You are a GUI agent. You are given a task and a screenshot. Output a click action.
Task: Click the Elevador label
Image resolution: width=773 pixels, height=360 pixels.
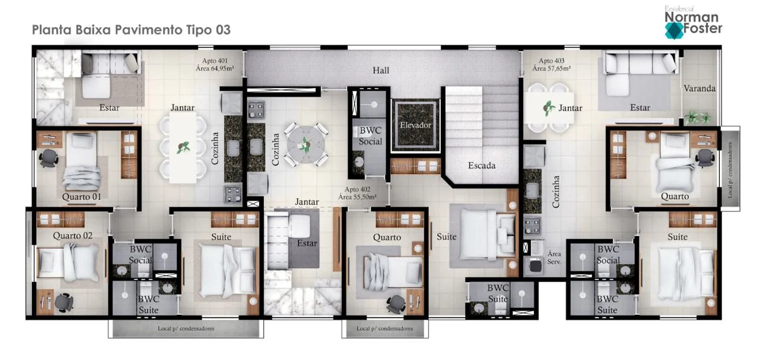(415, 125)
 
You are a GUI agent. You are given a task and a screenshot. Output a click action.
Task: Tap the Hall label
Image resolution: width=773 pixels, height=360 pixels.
(380, 71)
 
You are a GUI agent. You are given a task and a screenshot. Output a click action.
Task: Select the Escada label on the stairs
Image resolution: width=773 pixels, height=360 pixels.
(481, 166)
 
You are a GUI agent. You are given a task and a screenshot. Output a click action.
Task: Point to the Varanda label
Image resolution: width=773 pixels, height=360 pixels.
(699, 88)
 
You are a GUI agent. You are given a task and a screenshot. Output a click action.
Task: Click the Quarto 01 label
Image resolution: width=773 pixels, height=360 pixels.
(82, 197)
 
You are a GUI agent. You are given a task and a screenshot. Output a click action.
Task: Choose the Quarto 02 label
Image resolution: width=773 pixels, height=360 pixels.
(72, 236)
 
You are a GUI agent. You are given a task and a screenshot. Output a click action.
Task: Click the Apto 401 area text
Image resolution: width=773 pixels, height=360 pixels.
(214, 65)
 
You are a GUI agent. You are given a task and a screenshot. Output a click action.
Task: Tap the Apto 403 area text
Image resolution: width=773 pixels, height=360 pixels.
(551, 65)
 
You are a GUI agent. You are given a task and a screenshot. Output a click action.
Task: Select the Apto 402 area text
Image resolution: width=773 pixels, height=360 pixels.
(357, 193)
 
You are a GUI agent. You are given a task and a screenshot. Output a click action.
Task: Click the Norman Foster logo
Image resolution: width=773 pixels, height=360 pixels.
(693, 23)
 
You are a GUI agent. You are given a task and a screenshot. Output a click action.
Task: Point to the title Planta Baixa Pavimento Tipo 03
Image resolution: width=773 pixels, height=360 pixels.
(131, 30)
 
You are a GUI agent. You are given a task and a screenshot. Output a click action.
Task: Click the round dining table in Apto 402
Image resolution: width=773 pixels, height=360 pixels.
(306, 144)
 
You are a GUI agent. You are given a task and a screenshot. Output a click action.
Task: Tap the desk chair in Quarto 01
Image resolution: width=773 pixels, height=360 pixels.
(48, 158)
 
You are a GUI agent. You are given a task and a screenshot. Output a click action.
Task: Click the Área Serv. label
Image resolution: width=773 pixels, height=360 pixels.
(554, 258)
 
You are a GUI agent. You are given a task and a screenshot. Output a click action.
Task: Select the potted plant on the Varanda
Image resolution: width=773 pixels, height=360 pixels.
(698, 118)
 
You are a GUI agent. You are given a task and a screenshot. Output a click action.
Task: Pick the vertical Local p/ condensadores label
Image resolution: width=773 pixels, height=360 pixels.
(730, 170)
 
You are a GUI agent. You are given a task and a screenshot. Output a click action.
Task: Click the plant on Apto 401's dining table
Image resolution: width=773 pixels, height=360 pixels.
(183, 148)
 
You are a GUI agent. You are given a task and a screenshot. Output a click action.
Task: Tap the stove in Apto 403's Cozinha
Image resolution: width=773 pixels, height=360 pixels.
(532, 225)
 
